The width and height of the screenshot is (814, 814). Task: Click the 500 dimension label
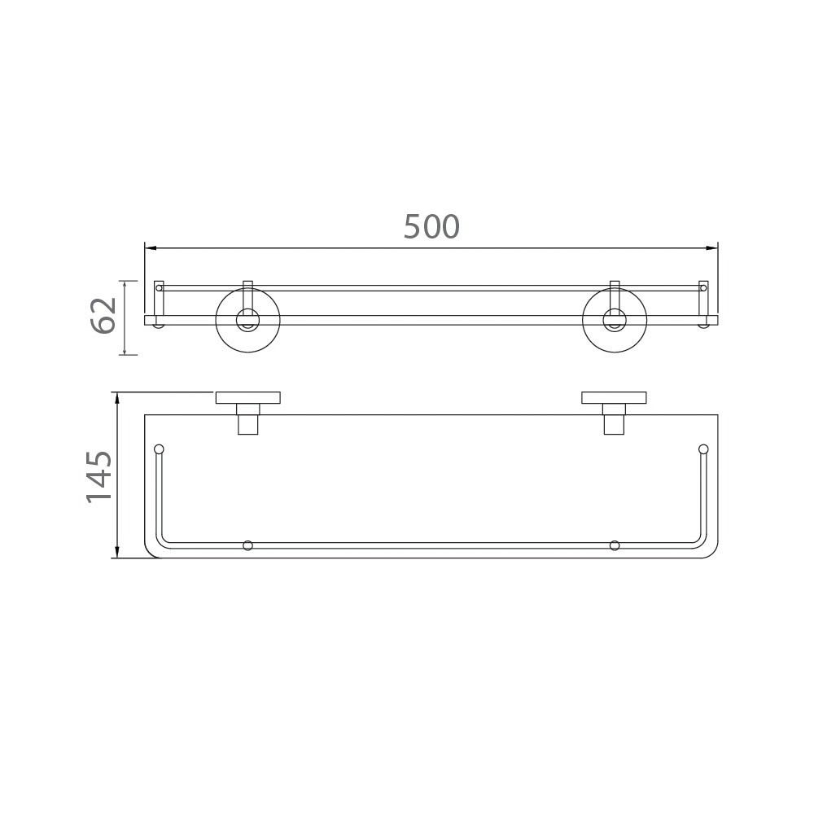click(x=431, y=227)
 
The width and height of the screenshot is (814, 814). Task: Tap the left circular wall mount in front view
click(x=247, y=321)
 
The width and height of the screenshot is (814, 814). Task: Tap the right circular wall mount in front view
click(x=615, y=321)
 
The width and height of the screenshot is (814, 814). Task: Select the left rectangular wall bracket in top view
click(x=247, y=398)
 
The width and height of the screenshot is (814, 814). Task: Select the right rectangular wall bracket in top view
click(x=615, y=398)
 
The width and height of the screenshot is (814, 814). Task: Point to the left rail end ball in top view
click(x=159, y=449)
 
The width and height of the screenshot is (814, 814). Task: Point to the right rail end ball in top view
click(x=703, y=449)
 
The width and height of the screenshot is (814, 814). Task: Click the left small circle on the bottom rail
click(x=247, y=545)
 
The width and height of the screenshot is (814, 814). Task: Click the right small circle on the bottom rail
click(x=615, y=545)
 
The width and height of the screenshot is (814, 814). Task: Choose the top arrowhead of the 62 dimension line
click(x=124, y=285)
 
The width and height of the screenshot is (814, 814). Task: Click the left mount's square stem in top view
click(x=247, y=424)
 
